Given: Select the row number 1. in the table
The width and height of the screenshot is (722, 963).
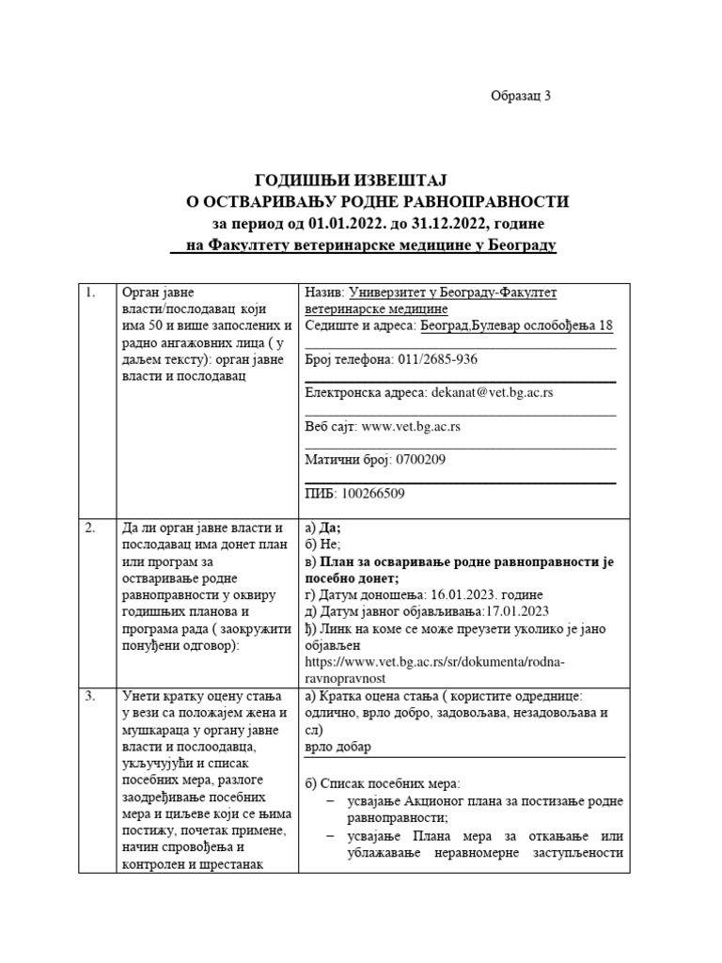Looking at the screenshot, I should point(91,292).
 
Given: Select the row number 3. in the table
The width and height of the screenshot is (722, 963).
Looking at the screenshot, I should point(91,697).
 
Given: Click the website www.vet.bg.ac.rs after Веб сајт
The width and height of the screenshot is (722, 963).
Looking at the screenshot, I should point(411,426).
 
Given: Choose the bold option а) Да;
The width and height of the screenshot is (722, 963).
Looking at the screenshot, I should point(323,528).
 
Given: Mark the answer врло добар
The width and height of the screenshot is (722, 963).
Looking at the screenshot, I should point(338,747).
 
